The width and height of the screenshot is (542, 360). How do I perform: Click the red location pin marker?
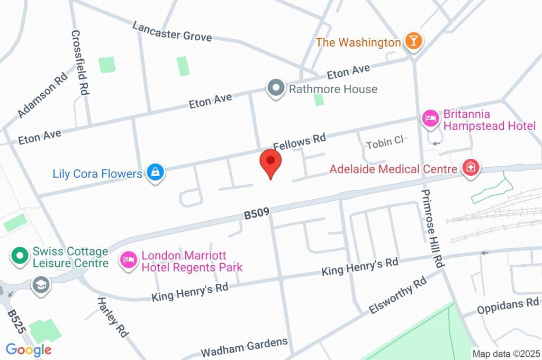point(270,161)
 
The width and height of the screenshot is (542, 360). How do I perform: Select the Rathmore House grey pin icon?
point(275,88)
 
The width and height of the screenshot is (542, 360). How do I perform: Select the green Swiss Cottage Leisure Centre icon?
point(20,256)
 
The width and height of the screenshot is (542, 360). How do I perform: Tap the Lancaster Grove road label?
point(172,31)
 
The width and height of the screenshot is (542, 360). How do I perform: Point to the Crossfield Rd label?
point(79,61)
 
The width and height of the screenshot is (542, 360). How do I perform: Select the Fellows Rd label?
point(299,141)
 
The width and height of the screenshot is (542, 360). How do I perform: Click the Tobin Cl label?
point(385,141)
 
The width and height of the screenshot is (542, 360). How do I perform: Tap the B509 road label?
point(257,213)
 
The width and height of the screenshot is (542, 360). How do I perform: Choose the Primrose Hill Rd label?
point(432,228)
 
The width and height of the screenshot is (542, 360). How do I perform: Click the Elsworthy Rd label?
point(398,294)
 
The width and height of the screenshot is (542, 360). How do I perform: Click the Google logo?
point(29,349)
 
